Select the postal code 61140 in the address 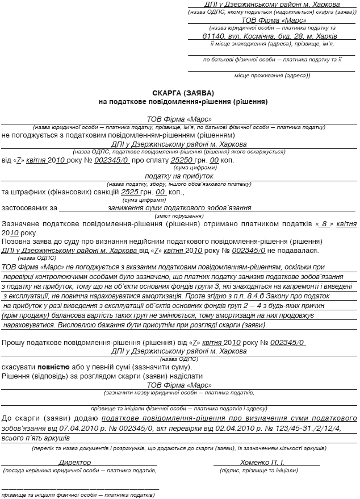click(x=211, y=36)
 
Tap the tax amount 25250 click(x=190, y=161)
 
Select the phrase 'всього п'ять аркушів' click(x=36, y=438)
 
